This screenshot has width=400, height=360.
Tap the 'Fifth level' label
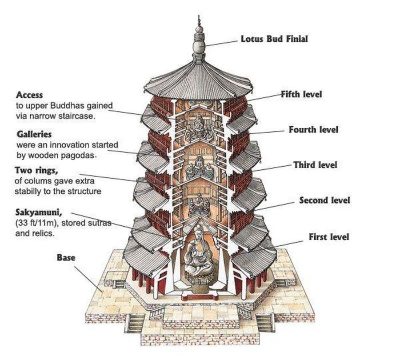(x=301, y=94)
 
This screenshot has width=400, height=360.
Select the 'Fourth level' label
(x=313, y=130)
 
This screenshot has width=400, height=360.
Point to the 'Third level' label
(x=315, y=165)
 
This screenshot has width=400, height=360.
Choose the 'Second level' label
(x=325, y=201)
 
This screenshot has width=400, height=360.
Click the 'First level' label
(x=329, y=237)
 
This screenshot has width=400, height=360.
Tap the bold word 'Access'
(x=30, y=95)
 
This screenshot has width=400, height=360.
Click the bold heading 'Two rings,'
(x=35, y=170)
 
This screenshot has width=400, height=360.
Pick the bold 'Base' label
(x=66, y=258)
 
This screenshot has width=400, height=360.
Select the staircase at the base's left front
(x=135, y=323)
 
